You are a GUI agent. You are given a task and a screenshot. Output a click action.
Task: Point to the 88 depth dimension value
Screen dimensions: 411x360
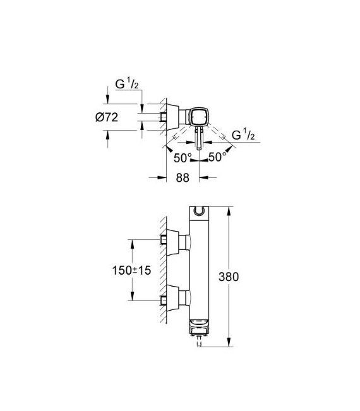pos(183,179)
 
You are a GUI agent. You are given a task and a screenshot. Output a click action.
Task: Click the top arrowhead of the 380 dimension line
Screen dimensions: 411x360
pos(229,208)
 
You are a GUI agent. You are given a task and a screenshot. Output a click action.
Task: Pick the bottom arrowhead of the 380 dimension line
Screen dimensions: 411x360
pos(229,344)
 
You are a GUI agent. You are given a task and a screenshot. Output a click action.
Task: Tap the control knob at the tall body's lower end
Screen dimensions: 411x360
pos(200,328)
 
